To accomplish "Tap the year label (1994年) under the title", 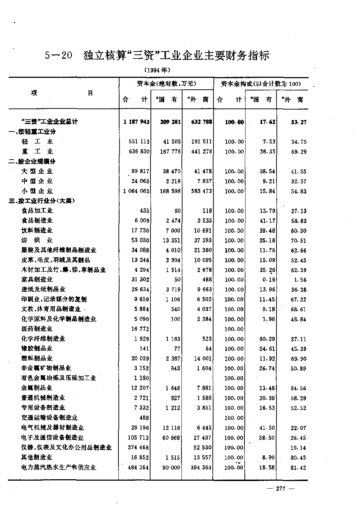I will point(157,70).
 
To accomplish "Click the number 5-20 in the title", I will point(59,56).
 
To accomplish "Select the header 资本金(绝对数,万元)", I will point(167,84).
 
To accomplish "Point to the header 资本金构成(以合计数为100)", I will point(261,84).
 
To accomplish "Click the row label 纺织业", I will point(37,240).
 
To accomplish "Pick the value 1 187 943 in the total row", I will point(136,122).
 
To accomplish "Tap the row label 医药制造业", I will point(37,329).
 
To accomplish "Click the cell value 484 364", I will point(139,467).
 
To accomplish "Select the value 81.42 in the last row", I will point(299,467).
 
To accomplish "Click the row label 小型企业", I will point(37,191).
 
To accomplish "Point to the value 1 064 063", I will point(136,191).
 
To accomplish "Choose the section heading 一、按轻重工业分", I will point(33,132).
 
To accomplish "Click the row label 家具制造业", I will point(37,279).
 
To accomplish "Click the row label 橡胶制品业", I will point(37,348).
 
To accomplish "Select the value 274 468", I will point(139,448).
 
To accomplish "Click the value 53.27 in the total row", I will point(299,122).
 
